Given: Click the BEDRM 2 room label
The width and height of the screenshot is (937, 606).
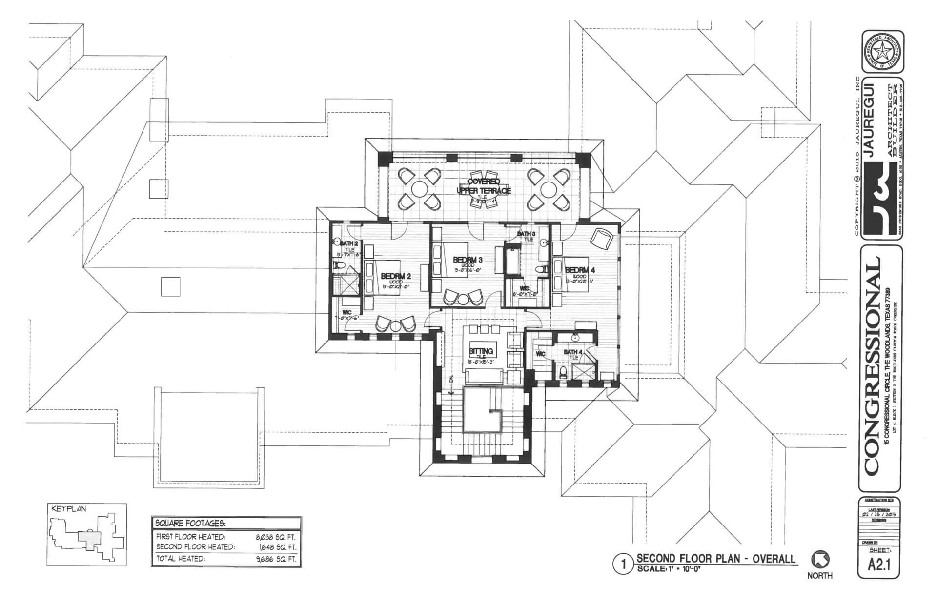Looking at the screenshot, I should point(396,276).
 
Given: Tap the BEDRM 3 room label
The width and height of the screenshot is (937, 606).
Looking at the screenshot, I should point(468,259).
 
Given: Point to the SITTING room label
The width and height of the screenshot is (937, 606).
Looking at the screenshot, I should point(481,351).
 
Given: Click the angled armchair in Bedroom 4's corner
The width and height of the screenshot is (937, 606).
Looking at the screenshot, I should point(601,238).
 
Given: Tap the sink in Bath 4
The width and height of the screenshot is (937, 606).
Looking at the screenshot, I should point(575,337).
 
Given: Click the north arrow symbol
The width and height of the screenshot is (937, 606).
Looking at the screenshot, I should point(820,560).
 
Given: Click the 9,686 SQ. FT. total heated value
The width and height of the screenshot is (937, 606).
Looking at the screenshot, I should point(275,559).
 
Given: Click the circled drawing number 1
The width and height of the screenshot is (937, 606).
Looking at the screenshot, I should point(622,566).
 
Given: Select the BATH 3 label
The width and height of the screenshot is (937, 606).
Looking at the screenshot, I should point(526,234).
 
